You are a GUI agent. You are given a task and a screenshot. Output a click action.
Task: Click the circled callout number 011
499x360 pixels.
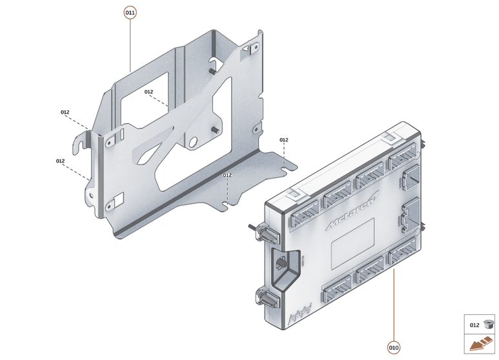pyautogui.click(x=130, y=12)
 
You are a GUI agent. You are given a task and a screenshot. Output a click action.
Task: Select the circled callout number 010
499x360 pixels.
pyautogui.click(x=394, y=348)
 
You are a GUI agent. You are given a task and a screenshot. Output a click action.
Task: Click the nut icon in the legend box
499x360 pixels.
pyautogui.click(x=488, y=325)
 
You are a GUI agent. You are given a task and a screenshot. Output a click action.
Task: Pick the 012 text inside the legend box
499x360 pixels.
pyautogui.click(x=474, y=325)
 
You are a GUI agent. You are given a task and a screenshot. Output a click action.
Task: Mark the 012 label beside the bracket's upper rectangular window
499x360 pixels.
pyautogui.click(x=148, y=92)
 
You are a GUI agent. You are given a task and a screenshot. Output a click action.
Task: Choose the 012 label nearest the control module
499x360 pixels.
pyautogui.click(x=284, y=140)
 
